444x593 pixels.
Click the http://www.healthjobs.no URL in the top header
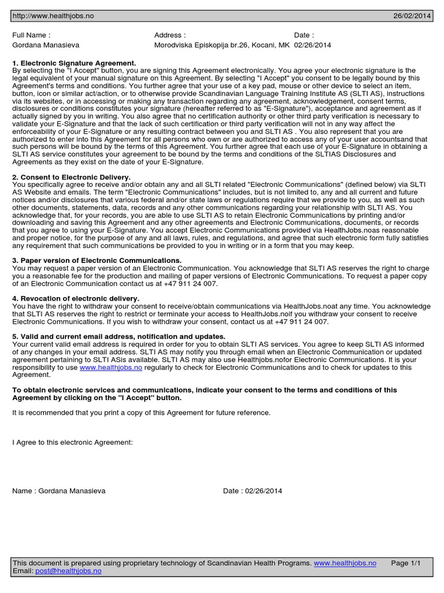(x=53, y=16)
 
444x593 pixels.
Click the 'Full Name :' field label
(x=31, y=35)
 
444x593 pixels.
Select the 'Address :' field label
(x=170, y=35)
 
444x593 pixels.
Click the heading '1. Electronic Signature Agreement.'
(x=74, y=63)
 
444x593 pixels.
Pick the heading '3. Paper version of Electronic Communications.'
(x=97, y=261)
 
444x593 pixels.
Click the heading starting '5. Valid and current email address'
(x=119, y=336)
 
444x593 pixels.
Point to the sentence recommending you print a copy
(x=141, y=412)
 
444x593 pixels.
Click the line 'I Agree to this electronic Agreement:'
(x=72, y=442)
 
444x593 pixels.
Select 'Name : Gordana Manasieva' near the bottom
(x=59, y=491)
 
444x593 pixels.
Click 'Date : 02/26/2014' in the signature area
(x=253, y=491)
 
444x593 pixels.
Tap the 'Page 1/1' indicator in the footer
(x=406, y=563)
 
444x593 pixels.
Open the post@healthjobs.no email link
(x=68, y=571)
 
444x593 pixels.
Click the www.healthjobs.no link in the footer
(x=345, y=563)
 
